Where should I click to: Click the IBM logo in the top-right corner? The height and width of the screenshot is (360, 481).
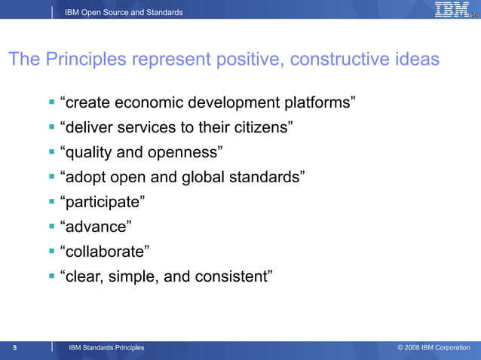pyautogui.click(x=452, y=10)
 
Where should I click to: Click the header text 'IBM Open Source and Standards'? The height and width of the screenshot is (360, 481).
pyautogui.click(x=124, y=12)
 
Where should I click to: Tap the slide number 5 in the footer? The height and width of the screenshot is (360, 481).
pyautogui.click(x=15, y=347)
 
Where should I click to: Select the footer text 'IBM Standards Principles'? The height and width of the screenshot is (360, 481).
pyautogui.click(x=106, y=347)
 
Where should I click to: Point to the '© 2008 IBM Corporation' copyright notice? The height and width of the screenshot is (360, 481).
pyautogui.click(x=434, y=347)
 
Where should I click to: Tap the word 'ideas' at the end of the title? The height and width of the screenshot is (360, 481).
pyautogui.click(x=417, y=59)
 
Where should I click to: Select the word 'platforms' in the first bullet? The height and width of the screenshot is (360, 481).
pyautogui.click(x=316, y=102)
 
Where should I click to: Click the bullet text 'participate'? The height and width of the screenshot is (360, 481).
pyautogui.click(x=102, y=202)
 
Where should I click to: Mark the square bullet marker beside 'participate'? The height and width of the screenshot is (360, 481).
pyautogui.click(x=52, y=201)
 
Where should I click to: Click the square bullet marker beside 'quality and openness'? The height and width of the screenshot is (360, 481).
pyautogui.click(x=52, y=151)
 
